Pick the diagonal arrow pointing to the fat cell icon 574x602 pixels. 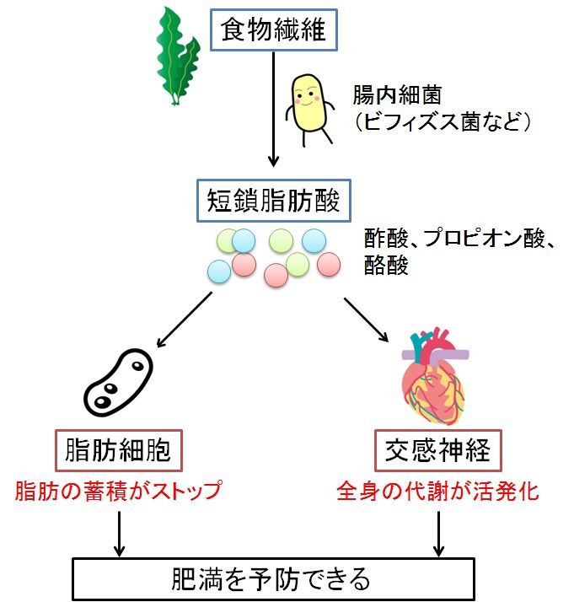coord(183,319)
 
